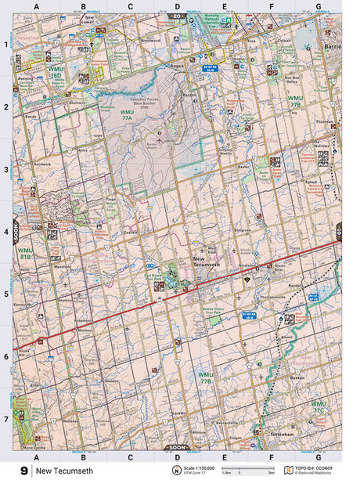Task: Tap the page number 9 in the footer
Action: (24, 471)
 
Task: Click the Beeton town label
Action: (297, 378)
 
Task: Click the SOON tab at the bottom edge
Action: (177, 447)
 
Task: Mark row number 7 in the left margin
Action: (5, 418)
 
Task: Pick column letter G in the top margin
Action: (318, 6)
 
